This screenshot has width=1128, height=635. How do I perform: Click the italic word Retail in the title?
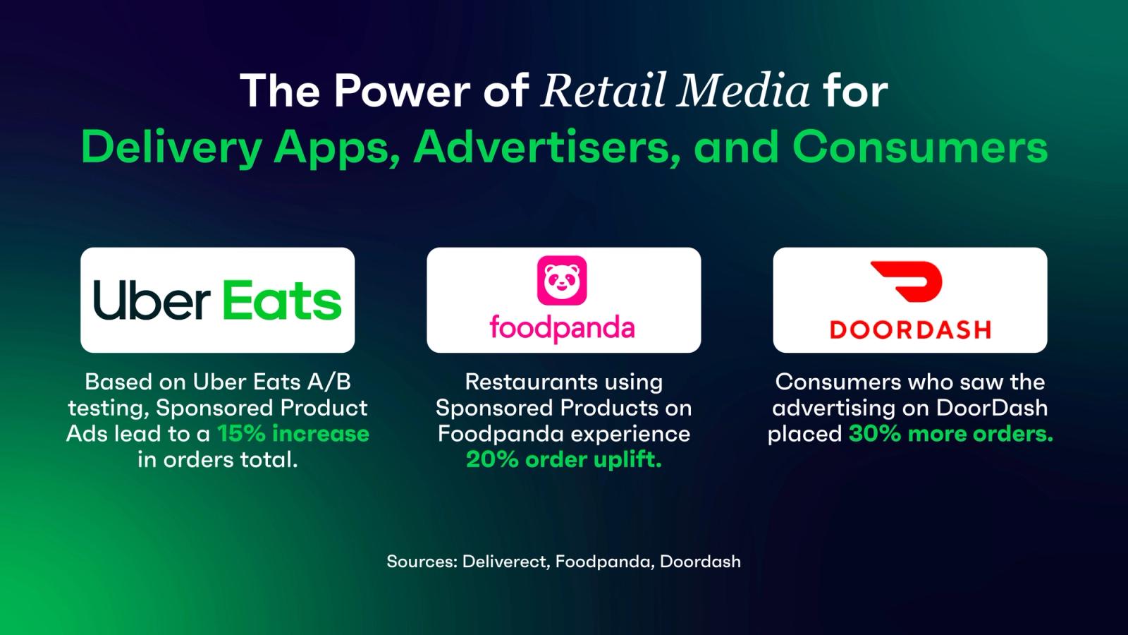(602, 91)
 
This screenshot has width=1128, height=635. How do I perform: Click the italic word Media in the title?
(743, 91)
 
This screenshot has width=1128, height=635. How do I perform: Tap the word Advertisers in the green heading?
(546, 147)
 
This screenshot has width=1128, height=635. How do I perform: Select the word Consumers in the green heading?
(920, 147)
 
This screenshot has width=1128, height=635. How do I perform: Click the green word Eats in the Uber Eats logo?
(282, 301)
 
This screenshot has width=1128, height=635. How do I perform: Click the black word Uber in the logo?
(152, 301)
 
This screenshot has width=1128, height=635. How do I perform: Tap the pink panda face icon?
(562, 280)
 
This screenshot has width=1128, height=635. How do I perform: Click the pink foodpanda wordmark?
(562, 328)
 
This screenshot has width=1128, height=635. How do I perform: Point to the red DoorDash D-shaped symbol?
(907, 282)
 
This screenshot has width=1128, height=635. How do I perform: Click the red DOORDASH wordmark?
(910, 329)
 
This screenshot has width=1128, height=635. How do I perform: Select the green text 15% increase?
(293, 433)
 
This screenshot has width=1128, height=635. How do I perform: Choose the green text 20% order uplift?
(563, 459)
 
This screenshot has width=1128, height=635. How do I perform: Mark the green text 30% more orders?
(951, 433)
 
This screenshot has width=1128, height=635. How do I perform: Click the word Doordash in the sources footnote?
(700, 562)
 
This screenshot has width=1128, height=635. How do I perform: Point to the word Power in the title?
(401, 91)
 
